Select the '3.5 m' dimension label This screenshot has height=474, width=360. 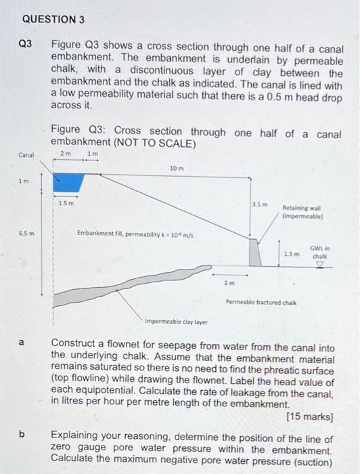tap(260, 204)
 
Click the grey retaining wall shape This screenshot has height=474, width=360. tap(256, 252)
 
